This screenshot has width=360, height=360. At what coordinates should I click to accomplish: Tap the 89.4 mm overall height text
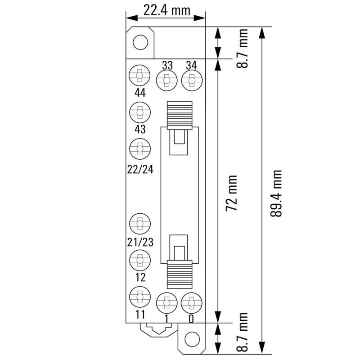tap(276, 193)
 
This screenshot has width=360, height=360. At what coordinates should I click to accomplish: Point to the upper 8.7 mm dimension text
tap(243, 49)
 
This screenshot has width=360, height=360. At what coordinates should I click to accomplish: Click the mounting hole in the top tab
tap(140, 43)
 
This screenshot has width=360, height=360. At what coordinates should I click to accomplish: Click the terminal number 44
tap(140, 93)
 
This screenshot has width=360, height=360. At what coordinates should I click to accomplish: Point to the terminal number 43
tap(140, 130)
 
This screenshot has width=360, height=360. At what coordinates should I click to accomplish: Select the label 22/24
tap(140, 169)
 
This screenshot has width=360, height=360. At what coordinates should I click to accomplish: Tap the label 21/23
tap(140, 243)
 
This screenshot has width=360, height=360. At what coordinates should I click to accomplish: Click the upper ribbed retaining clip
tap(179, 114)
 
